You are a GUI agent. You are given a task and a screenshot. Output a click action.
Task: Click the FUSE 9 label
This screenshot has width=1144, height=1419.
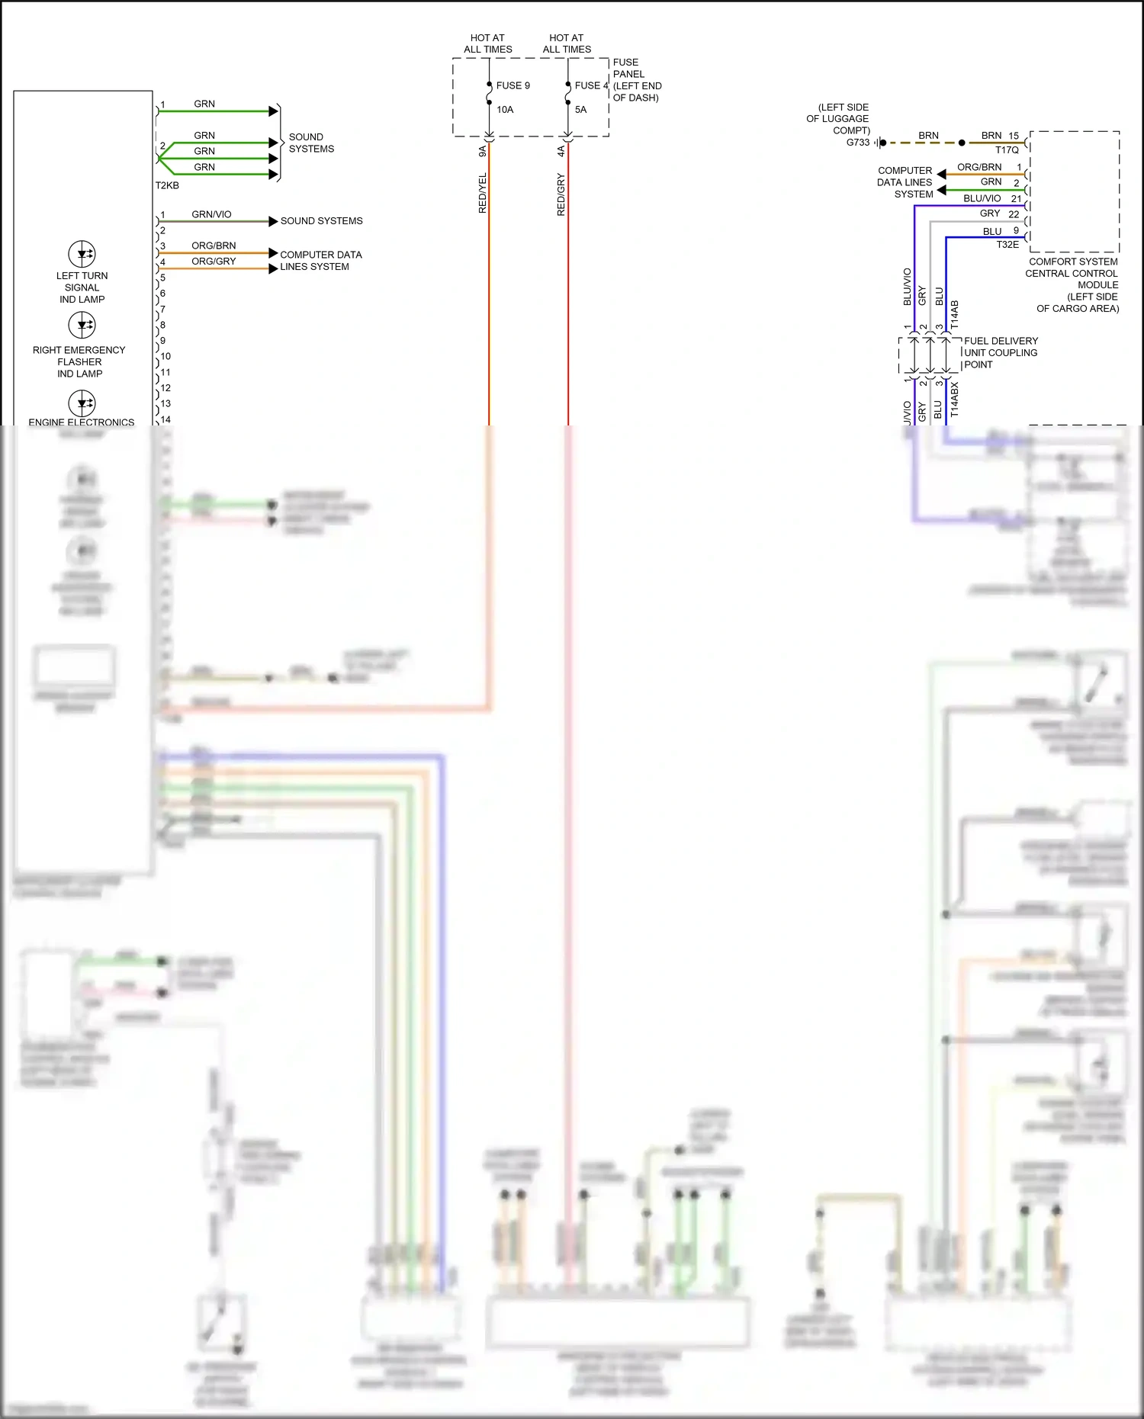513,85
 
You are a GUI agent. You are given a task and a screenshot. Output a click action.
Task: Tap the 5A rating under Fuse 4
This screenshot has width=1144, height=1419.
580,110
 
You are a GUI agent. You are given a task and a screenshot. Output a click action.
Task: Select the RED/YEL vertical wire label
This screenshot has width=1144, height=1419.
483,193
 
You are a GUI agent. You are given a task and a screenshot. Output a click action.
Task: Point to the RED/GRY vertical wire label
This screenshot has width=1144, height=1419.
561,194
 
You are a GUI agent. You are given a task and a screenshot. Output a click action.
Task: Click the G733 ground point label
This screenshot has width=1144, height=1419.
857,143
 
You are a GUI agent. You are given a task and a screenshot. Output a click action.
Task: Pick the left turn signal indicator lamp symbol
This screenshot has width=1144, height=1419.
82,254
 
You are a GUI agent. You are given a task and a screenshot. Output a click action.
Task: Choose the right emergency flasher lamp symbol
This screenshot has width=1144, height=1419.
82,326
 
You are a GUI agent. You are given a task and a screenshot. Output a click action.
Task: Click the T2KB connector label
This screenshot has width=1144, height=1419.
167,185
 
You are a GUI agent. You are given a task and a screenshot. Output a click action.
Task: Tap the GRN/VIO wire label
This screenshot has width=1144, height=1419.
211,214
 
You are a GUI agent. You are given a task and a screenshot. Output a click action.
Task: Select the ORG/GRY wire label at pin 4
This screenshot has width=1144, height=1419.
214,261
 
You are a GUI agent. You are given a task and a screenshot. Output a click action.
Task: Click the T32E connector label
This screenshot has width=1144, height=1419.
1007,245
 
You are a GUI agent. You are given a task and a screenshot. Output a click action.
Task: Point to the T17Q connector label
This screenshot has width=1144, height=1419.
1007,150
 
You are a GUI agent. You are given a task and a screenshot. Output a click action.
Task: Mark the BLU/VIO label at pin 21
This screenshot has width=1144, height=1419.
982,198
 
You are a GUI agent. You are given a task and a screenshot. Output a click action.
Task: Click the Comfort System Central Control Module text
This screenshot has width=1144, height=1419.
1073,284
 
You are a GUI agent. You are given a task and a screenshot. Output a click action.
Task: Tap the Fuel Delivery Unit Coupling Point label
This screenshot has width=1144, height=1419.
1000,352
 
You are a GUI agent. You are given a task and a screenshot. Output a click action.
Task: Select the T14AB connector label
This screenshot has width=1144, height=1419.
954,315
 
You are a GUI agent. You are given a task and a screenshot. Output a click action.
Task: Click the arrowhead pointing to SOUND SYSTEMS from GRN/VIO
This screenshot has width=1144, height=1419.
273,221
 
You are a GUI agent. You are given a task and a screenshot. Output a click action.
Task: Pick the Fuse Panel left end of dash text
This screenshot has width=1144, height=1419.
636,80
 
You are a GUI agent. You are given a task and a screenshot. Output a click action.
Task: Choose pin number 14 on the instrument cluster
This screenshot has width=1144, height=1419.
165,419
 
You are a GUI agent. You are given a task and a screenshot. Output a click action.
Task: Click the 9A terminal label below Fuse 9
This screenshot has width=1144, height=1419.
482,152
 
